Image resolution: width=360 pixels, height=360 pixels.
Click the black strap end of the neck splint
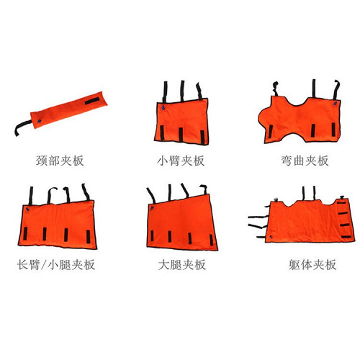(20, 132)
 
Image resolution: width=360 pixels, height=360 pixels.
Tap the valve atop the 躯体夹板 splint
(277, 197)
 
